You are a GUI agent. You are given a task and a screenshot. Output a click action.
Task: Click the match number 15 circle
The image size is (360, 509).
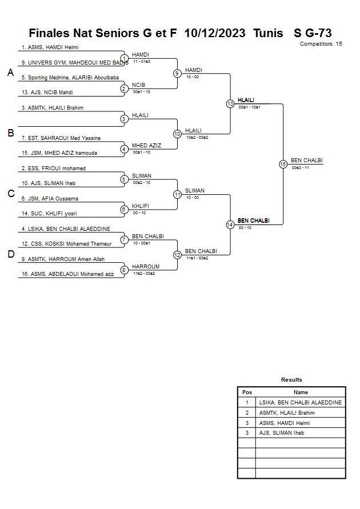pyautogui.click(x=283, y=164)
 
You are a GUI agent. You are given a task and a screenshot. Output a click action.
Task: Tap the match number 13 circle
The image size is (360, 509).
pyautogui.click(x=230, y=103)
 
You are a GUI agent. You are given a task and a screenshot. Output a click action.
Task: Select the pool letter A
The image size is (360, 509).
pyautogui.click(x=10, y=73)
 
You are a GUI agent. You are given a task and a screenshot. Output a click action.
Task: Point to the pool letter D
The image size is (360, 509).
pyautogui.click(x=10, y=254)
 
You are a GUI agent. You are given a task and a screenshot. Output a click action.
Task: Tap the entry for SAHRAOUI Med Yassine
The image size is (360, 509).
pyautogui.click(x=60, y=138)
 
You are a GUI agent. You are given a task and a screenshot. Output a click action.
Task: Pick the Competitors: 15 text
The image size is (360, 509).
pyautogui.click(x=321, y=43)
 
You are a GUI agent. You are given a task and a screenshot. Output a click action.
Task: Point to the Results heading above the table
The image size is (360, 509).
pyautogui.click(x=291, y=380)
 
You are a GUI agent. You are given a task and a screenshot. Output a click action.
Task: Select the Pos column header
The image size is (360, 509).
pyautogui.click(x=247, y=392)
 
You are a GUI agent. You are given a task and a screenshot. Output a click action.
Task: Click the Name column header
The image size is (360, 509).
pyautogui.click(x=301, y=392)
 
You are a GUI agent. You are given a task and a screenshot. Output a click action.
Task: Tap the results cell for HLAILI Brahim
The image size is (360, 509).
pyautogui.click(x=287, y=412)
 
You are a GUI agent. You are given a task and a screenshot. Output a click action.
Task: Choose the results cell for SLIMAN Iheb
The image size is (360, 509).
pyautogui.click(x=282, y=433)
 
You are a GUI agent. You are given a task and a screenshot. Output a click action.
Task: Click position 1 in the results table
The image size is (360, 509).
pyautogui.click(x=247, y=402)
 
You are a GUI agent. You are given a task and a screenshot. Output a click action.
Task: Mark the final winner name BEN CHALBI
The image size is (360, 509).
pyautogui.click(x=307, y=161)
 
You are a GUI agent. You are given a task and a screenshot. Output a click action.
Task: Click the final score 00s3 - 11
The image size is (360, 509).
pyautogui.click(x=300, y=168)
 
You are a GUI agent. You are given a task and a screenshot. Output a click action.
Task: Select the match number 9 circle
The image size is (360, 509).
pyautogui.click(x=177, y=73)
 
